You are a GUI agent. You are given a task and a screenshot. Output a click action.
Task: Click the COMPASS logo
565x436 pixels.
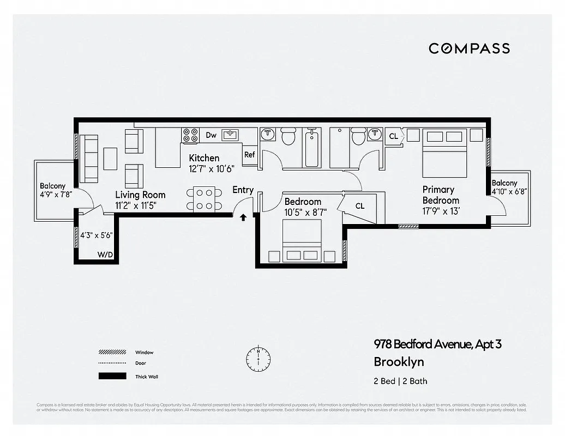[469, 48]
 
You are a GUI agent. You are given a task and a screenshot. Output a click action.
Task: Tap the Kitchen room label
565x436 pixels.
[204, 158]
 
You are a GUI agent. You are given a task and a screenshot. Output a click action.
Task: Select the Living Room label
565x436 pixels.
[140, 195]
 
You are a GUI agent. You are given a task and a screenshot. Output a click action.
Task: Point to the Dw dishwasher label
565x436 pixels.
[211, 135]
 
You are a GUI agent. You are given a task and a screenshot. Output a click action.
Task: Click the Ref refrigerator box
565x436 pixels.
[249, 154]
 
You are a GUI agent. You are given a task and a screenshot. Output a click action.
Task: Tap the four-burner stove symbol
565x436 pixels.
[190, 135]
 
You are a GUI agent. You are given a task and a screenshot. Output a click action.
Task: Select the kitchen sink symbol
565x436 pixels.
[231, 135]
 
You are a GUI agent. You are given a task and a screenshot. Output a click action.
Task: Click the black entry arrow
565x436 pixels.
[243, 218]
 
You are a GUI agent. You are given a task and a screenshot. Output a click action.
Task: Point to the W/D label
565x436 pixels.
[105, 255]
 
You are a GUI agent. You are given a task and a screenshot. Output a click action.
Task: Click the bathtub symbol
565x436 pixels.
[312, 148]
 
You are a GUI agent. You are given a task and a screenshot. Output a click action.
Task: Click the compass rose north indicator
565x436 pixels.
[258, 357]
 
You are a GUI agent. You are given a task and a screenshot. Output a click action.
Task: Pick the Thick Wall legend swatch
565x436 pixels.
[112, 376]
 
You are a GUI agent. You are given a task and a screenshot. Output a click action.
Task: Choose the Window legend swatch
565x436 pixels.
[112, 352]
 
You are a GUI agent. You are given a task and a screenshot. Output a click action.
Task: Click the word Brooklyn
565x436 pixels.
[399, 361]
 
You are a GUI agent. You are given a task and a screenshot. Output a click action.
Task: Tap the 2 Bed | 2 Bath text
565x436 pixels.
[400, 381]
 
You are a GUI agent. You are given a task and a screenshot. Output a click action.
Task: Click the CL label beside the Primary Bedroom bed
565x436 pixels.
[393, 136]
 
